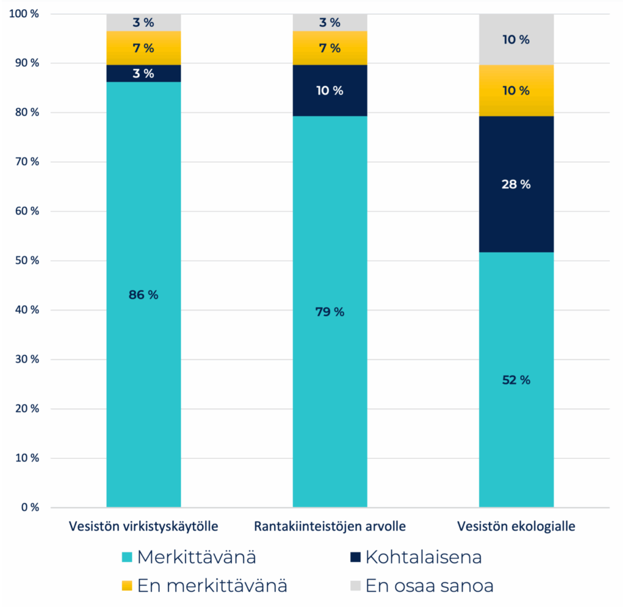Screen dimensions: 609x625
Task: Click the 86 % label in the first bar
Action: pos(143,295)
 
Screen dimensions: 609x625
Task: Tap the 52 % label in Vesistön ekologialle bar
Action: pos(516,380)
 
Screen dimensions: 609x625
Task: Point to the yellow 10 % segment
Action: pos(516,90)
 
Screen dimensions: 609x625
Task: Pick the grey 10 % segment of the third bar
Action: pos(516,40)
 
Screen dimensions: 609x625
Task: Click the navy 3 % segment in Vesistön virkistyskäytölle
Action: pos(143,73)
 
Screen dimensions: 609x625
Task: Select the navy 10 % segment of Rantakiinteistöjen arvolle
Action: pos(330,90)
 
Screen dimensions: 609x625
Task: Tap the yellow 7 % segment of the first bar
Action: pos(143,48)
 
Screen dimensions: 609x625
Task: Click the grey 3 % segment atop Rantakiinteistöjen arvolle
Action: pos(330,23)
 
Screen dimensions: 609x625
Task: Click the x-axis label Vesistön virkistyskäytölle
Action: pos(143,526)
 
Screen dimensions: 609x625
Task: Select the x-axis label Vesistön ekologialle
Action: pos(516,526)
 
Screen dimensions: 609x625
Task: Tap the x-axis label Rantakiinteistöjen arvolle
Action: pos(330,526)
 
